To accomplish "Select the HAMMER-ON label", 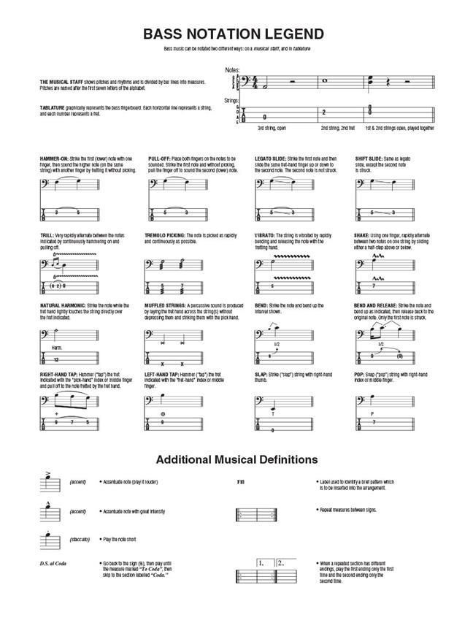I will point(55,158).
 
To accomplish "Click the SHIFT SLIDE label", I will point(369,158).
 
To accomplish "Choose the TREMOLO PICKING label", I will point(167,235).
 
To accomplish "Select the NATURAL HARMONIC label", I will point(63,305).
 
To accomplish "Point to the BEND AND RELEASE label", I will point(378,305).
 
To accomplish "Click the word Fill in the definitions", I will point(241,483).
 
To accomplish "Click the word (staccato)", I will point(80,539).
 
